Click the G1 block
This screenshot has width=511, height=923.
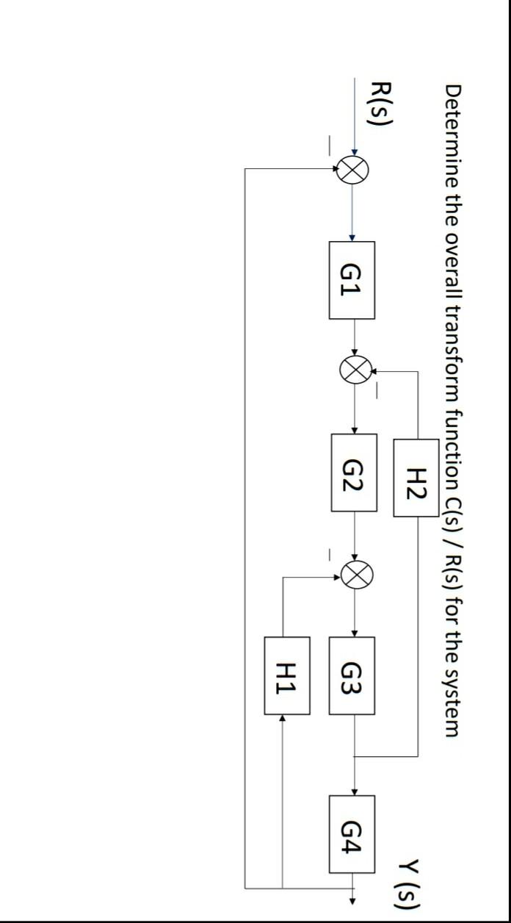(x=352, y=280)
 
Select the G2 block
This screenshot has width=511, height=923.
(x=354, y=473)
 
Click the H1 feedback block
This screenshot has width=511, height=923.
(x=287, y=675)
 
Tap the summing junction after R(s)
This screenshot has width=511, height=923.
(x=352, y=170)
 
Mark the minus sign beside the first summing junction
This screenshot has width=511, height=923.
(x=331, y=143)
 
